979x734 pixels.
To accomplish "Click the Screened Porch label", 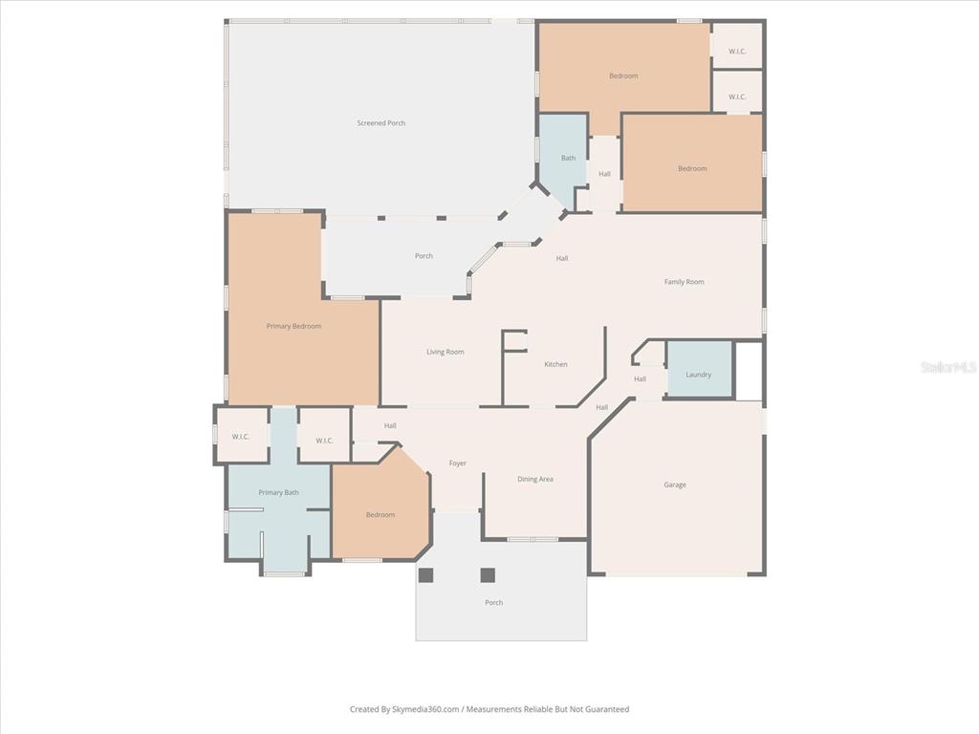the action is click(381, 123).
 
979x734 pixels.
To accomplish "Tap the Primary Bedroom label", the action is click(294, 326).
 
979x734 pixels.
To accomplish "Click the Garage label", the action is click(675, 485).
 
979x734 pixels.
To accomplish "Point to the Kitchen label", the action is click(555, 364).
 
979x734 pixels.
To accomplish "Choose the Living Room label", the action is click(446, 352).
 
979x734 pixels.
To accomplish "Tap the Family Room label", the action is click(684, 282).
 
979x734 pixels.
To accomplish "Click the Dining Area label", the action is click(535, 479).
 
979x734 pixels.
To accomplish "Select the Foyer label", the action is click(458, 464).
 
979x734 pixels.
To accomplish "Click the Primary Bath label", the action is click(278, 492).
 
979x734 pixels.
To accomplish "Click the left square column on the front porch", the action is click(425, 574).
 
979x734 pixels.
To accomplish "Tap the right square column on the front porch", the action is click(488, 574).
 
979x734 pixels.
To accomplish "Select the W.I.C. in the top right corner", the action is click(737, 46).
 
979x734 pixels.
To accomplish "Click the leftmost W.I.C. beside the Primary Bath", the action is click(242, 435).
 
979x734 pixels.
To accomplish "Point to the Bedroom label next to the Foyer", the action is click(381, 515).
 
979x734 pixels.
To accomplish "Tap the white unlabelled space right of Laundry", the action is click(748, 371).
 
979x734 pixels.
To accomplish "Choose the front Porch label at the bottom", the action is click(494, 602).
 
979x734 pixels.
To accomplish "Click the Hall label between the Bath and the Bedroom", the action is click(604, 174).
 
